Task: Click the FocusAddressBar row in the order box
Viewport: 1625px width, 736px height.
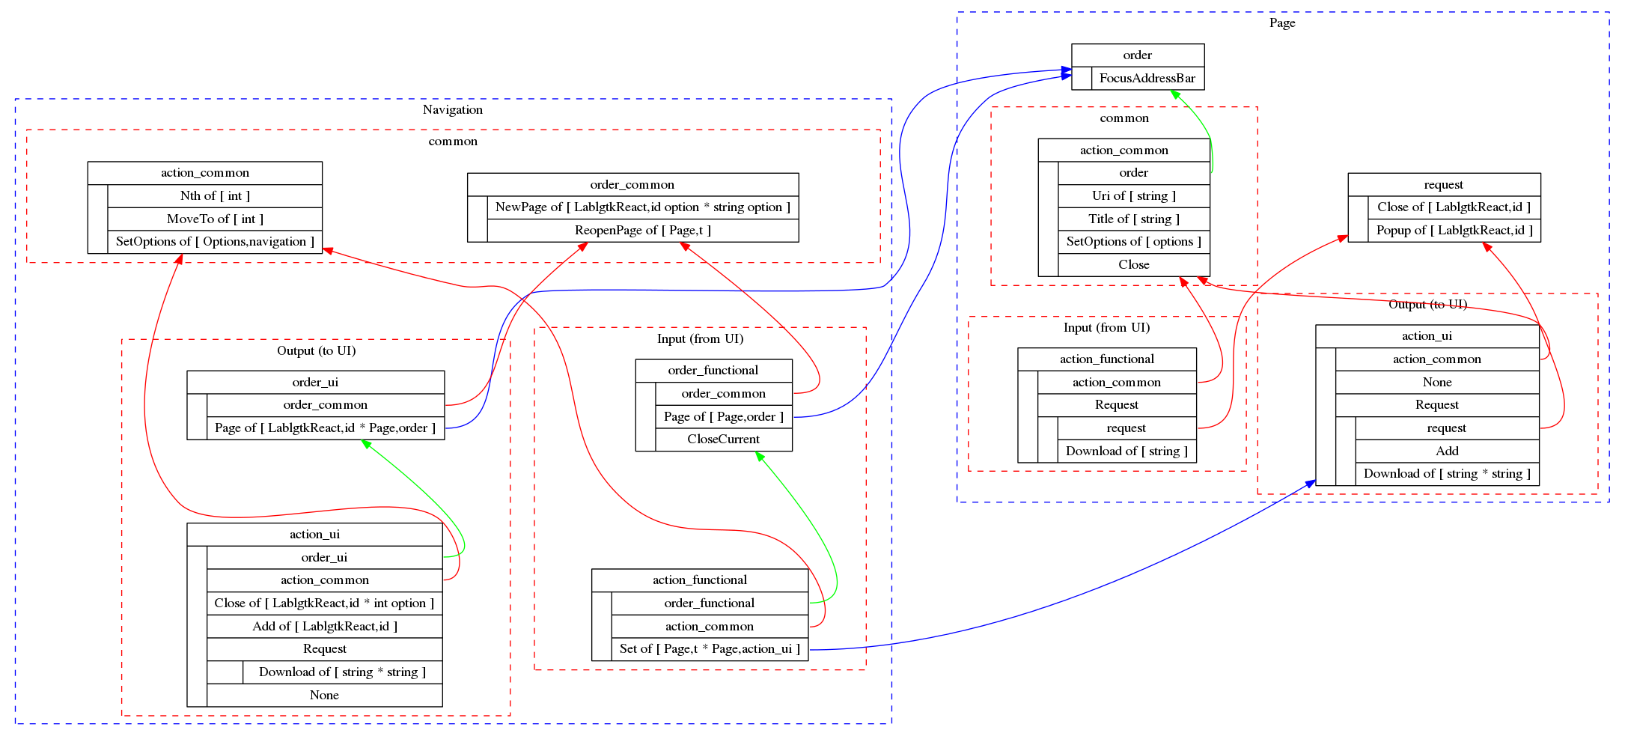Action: [x=1147, y=78]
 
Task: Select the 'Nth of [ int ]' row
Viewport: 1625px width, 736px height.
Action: [x=215, y=195]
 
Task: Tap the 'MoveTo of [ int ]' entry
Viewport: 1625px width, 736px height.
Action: [x=215, y=219]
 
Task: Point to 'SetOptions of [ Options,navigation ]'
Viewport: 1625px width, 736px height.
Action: [x=215, y=241]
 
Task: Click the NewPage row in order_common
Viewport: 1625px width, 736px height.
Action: [x=642, y=207]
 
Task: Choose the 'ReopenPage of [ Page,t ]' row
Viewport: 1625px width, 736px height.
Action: [x=642, y=230]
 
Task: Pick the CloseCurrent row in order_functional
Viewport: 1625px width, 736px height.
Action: [x=723, y=439]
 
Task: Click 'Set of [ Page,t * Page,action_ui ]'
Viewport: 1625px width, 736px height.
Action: [x=709, y=648]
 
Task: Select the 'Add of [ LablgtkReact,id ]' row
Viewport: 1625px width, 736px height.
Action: [x=324, y=626]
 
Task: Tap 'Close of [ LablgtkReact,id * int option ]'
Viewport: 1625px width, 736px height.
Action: [x=324, y=603]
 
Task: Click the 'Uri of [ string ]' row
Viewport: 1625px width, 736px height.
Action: [x=1133, y=195]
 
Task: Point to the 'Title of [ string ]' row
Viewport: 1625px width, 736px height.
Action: [x=1133, y=219]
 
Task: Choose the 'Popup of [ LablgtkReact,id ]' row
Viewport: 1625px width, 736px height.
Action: [x=1454, y=230]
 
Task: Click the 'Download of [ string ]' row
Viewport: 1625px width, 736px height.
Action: [x=1126, y=451]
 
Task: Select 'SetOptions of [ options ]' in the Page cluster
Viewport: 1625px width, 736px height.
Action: [x=1133, y=241]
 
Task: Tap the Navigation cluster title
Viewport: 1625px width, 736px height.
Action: [x=452, y=109]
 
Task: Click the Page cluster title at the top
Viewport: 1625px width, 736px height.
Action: [x=1281, y=22]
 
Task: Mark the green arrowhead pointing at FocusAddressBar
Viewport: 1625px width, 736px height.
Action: [x=1175, y=94]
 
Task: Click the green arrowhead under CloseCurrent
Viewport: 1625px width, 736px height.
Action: [x=760, y=456]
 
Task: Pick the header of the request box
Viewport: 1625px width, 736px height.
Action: [x=1443, y=184]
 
